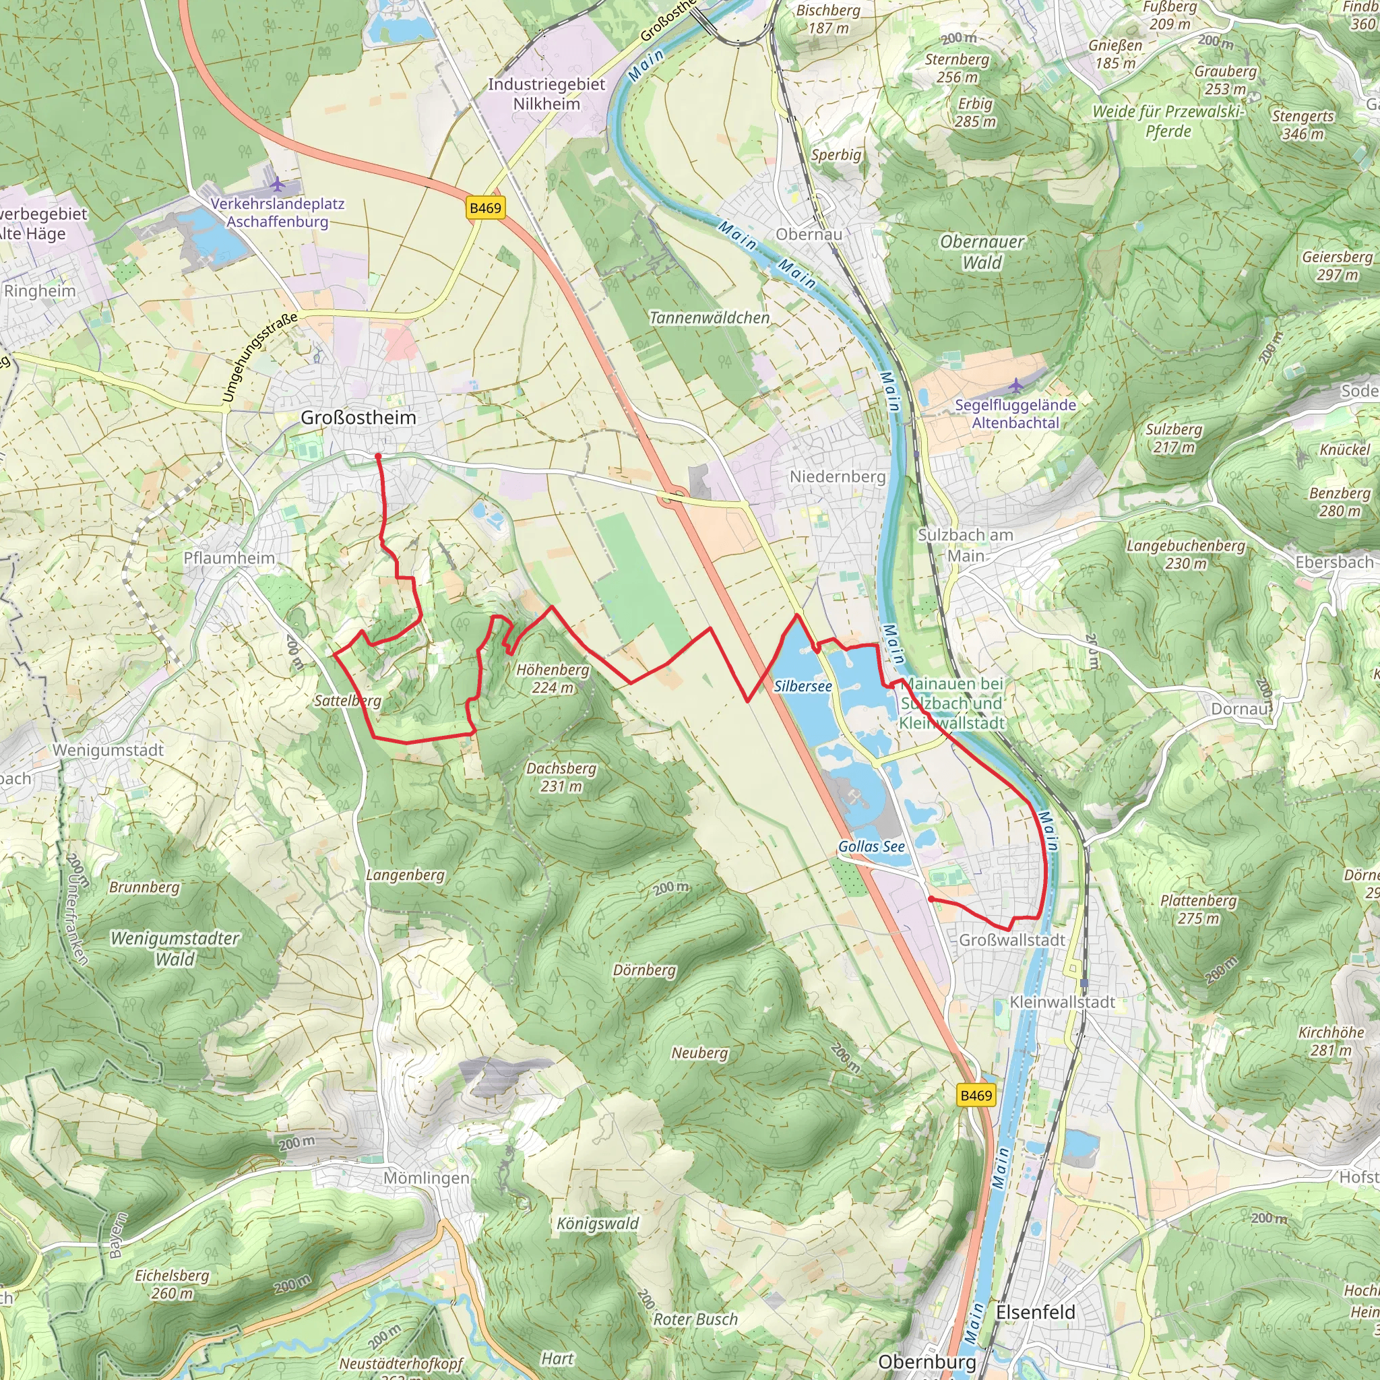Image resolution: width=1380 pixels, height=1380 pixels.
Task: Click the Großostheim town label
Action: pos(358,418)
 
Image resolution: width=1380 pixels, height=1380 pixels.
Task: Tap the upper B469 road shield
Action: pos(486,208)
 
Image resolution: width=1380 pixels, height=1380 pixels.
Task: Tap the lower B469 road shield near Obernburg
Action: pos(976,1096)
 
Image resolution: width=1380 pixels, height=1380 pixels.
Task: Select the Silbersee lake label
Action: pos(803,687)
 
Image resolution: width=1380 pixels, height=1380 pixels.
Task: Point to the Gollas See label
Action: pos(871,846)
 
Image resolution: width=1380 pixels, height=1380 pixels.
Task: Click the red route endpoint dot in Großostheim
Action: pos(378,456)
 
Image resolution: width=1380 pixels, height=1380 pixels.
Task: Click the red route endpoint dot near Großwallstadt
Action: pos(931,900)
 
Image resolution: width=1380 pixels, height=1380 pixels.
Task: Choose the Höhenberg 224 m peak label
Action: pos(553,679)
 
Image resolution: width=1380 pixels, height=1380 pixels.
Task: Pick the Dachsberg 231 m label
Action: pos(561,777)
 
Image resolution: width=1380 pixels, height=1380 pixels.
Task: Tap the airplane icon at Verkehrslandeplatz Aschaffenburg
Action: pos(278,186)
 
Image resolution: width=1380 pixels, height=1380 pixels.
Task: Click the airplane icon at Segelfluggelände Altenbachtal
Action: pos(1015,386)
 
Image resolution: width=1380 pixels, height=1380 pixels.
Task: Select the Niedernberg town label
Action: pos(837,476)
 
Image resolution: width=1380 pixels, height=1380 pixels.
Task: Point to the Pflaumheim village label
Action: pos(229,558)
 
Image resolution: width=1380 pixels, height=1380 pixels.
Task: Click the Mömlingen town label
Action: pos(427,1178)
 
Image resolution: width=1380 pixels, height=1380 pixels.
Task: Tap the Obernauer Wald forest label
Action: pos(982,252)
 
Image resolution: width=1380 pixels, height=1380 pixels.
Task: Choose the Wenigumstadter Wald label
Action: pos(175,949)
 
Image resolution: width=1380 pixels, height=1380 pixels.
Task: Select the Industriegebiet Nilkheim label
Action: pos(546,94)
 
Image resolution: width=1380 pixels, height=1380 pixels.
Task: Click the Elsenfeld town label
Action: pos(1035,1312)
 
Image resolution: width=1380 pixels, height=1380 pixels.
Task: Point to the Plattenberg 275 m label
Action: pos(1199,909)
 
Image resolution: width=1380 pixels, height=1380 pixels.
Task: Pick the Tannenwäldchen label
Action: pos(710,318)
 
